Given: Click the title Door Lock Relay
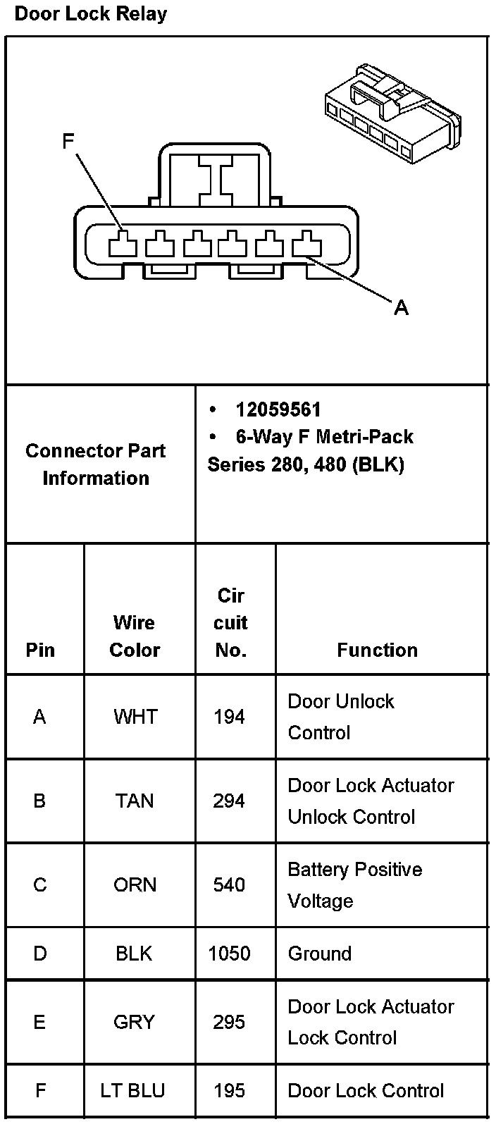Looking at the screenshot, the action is tap(91, 14).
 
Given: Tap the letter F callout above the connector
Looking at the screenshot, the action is tap(68, 142).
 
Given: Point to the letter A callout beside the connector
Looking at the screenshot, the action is tap(401, 307).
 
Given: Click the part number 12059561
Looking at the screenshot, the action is tap(278, 409).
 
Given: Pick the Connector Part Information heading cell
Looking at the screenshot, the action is tap(96, 464).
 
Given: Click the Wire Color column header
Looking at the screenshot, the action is tap(135, 636).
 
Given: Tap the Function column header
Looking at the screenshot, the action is tap(377, 650).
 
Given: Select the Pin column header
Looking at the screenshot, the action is tap(40, 650).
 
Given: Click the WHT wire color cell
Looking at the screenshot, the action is tap(135, 717).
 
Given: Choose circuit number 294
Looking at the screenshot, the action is tap(229, 801).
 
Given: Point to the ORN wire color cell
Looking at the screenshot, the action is tap(135, 885).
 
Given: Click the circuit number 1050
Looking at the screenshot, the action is tap(229, 954).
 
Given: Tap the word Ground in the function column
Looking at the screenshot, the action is tap(320, 954).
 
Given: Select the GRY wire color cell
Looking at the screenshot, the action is tap(134, 1022).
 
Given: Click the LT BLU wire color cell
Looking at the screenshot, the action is tap(132, 1091).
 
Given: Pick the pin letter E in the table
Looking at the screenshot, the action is tap(39, 1022).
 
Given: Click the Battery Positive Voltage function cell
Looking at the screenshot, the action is tap(354, 885).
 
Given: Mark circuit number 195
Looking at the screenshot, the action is tap(229, 1091).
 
